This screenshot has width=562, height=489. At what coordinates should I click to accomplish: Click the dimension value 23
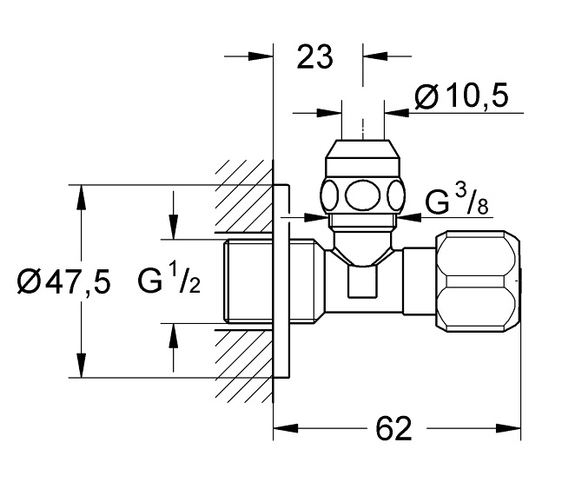[x=314, y=57]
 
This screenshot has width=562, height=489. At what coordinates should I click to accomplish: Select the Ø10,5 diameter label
[x=461, y=96]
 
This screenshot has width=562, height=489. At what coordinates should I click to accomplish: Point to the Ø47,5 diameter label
[x=63, y=281]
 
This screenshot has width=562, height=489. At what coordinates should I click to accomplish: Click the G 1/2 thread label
[x=169, y=281]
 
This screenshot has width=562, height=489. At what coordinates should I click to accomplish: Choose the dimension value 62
[x=393, y=429]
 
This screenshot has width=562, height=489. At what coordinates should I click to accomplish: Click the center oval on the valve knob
[x=363, y=195]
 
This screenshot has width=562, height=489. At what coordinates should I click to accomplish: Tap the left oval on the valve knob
[x=329, y=195]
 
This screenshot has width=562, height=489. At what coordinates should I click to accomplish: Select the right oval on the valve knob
[x=396, y=195]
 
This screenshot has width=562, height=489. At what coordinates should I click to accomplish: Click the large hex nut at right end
[x=478, y=281]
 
